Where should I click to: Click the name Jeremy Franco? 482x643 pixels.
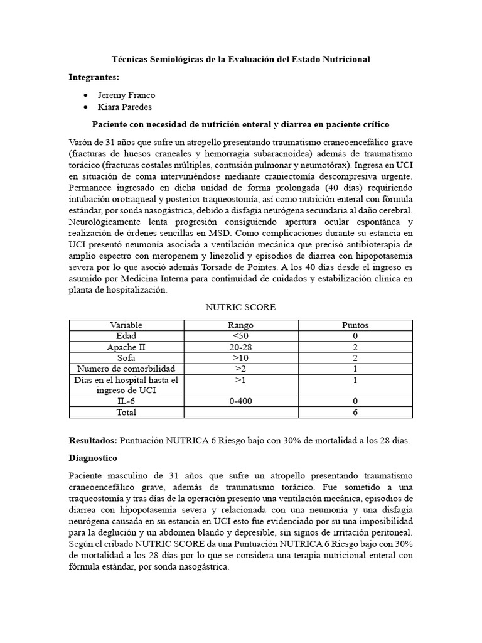coord(126,95)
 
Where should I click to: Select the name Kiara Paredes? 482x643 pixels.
coord(126,107)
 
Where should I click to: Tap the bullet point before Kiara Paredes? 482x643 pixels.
coord(85,107)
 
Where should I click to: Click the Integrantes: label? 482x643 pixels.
coord(94,77)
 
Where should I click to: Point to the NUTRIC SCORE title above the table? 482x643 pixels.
coord(240,307)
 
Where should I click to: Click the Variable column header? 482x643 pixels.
coord(126,325)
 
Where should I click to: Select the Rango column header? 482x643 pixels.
coord(241,325)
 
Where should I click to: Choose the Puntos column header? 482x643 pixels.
coord(355,325)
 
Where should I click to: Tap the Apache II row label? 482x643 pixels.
coord(126,347)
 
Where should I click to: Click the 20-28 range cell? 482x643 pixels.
coord(241,347)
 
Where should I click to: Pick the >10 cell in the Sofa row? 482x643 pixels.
coord(241,357)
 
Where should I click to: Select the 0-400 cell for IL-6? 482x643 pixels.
coord(241,401)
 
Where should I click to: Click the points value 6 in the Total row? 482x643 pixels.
coord(355,413)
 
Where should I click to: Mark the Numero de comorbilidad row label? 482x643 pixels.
coord(126,369)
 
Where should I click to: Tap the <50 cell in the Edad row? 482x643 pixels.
coord(241,336)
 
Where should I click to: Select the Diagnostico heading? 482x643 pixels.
coord(93,458)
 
